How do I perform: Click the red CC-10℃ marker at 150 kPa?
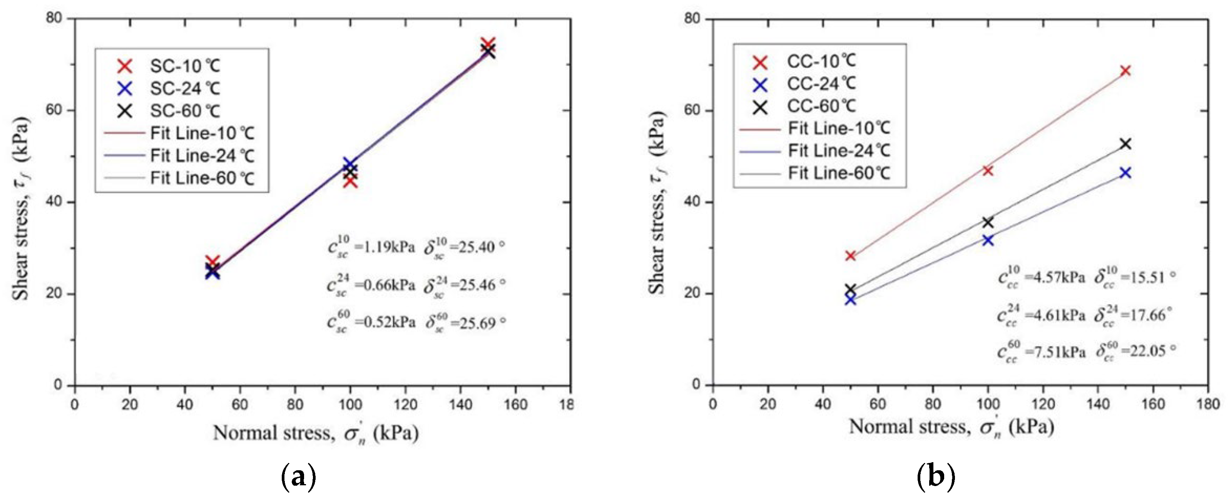(1125, 70)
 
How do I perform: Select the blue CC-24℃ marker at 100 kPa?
(988, 240)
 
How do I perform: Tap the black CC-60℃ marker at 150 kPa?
(1125, 144)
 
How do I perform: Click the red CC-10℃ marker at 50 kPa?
(850, 256)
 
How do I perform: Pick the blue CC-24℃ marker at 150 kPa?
(1125, 173)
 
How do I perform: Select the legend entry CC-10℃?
(821, 61)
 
